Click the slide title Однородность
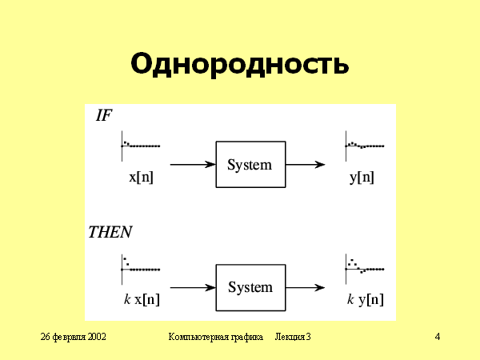point(239,63)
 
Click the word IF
point(104,115)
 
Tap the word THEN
point(110,233)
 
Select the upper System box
point(250,165)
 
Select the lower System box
point(250,287)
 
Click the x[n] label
point(141,178)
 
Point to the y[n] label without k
point(362,178)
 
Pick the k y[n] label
point(365,300)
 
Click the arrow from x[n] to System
point(193,165)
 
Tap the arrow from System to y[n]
point(305,165)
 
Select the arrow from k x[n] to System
point(193,287)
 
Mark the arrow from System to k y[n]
point(305,287)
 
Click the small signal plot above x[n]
point(140,144)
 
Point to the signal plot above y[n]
point(364,144)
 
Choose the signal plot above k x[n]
point(140,266)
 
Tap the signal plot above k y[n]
point(364,266)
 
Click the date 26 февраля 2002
point(74,337)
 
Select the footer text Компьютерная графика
point(216,337)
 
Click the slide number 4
point(438,337)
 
